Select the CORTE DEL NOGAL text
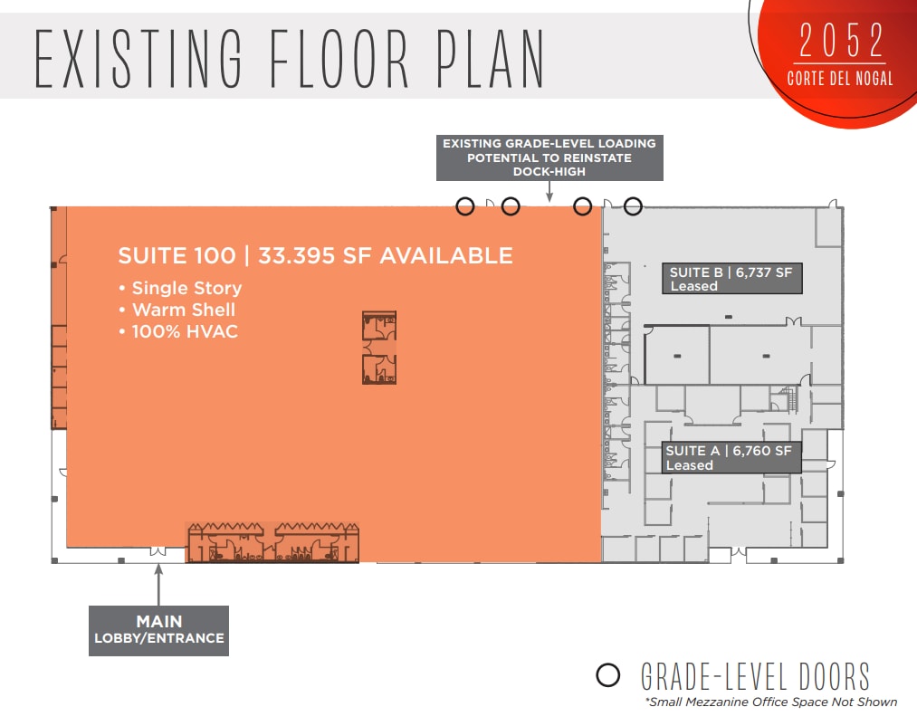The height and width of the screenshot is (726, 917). [839, 78]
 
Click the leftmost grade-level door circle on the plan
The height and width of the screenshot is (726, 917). [464, 206]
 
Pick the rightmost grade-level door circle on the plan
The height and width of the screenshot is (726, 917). [633, 206]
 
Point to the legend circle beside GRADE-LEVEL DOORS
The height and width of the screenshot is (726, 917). [608, 675]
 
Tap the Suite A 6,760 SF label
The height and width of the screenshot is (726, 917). [729, 457]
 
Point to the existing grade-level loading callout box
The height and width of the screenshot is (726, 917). [549, 157]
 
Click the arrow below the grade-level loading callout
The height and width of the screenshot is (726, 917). [549, 191]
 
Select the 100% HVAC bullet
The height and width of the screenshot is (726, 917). [178, 331]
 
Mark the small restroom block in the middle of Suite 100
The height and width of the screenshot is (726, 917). [379, 348]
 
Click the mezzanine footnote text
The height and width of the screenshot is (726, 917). [769, 702]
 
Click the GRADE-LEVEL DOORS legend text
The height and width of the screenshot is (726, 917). [755, 676]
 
